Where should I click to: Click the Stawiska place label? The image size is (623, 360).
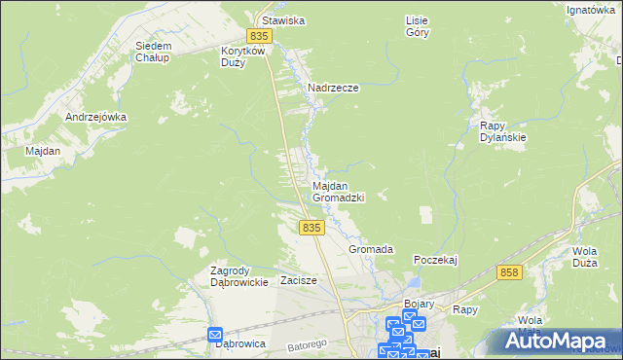tap(279, 19)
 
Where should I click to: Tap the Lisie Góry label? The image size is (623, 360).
tap(417, 25)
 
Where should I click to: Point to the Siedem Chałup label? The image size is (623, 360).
tap(154, 51)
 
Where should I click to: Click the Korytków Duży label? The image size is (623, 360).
tap(244, 55)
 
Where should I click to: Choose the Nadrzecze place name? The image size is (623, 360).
tap(333, 88)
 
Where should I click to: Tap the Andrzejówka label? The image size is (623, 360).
tap(95, 117)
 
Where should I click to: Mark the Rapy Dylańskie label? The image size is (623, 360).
tap(503, 131)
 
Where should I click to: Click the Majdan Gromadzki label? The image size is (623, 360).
tap(338, 191)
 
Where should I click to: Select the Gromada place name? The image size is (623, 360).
tap(371, 249)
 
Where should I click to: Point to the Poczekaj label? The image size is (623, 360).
tap(435, 260)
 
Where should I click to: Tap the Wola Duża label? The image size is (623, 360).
tap(584, 256)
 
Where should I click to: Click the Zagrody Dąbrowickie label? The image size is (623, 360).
tap(239, 276)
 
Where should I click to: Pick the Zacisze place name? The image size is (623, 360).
tap(299, 280)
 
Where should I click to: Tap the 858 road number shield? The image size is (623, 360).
tap(507, 273)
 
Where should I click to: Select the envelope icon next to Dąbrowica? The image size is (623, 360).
tap(216, 335)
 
